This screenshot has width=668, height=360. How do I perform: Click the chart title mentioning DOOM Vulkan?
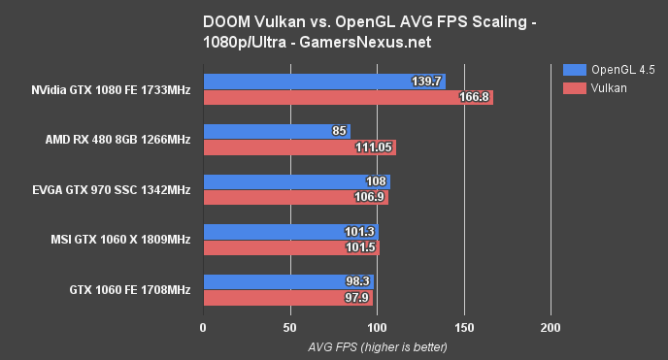[x=333, y=31]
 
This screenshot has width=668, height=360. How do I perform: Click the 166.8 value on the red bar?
[x=476, y=97]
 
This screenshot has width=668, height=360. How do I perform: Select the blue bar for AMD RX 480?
[x=276, y=132]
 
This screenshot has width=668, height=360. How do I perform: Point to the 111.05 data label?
[x=373, y=147]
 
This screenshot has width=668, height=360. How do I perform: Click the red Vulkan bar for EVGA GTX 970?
[x=295, y=198]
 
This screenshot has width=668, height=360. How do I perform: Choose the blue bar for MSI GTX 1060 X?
[x=290, y=232]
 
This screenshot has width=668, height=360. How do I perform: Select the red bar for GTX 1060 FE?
[x=287, y=298]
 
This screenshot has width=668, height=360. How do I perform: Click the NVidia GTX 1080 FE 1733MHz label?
[x=110, y=90]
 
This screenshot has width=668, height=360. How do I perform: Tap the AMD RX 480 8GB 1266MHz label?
[x=117, y=140]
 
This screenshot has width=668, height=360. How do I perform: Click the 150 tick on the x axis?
[x=464, y=327]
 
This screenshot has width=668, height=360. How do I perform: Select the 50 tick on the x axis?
[x=289, y=327]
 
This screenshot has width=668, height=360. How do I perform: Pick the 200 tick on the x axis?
[x=551, y=327]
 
